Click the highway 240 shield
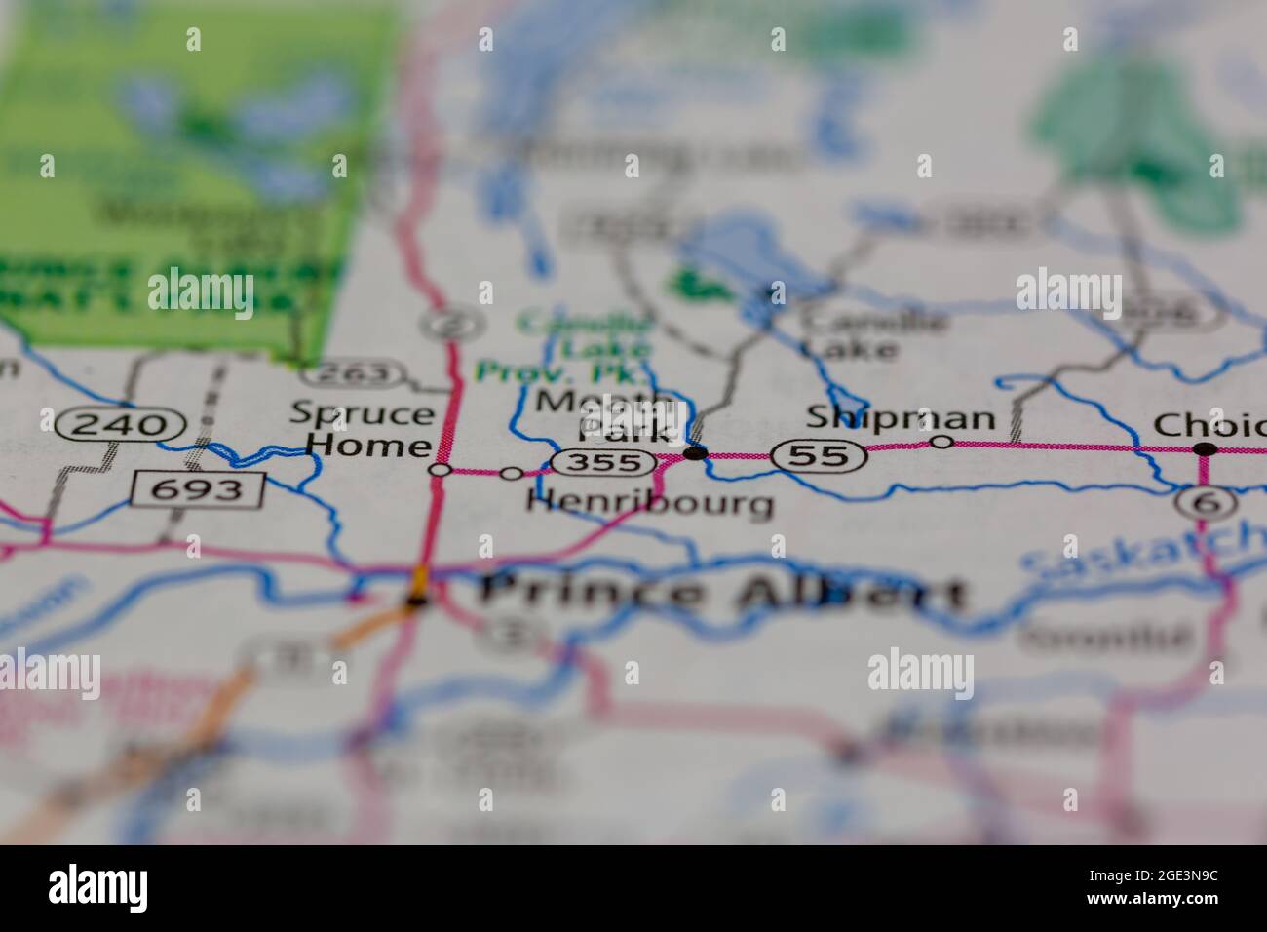point(121,424)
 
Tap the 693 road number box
point(198,488)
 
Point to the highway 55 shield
point(819,454)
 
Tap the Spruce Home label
point(362,429)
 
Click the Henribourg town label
point(650,503)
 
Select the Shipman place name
point(900,418)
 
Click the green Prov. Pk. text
point(559,372)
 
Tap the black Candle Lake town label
point(871,333)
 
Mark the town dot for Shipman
point(941,443)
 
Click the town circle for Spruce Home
point(441,471)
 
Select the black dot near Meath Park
point(695,452)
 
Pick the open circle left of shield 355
point(512,473)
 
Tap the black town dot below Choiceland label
point(1206,448)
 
